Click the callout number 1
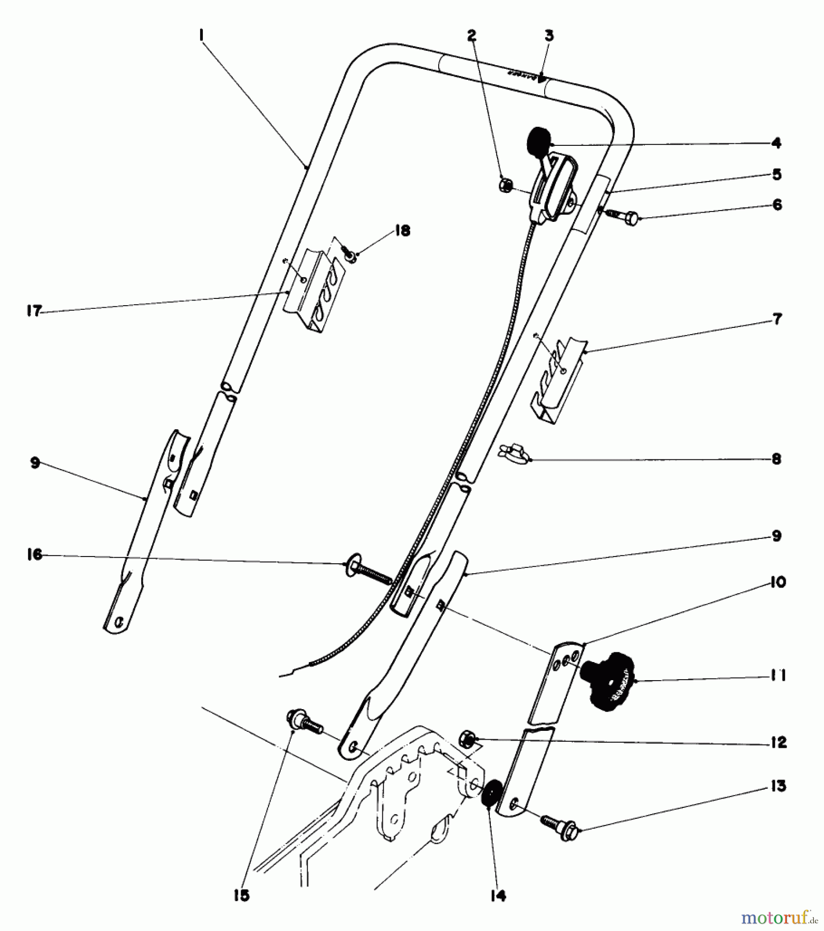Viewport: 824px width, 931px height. (x=202, y=35)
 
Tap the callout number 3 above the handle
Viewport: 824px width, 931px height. (x=549, y=36)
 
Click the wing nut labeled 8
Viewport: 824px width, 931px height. (x=509, y=453)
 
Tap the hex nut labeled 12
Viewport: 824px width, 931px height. (x=469, y=738)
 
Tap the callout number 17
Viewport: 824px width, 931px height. (x=34, y=312)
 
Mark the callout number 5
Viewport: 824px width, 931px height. (x=776, y=174)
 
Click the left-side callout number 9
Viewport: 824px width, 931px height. (x=35, y=463)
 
